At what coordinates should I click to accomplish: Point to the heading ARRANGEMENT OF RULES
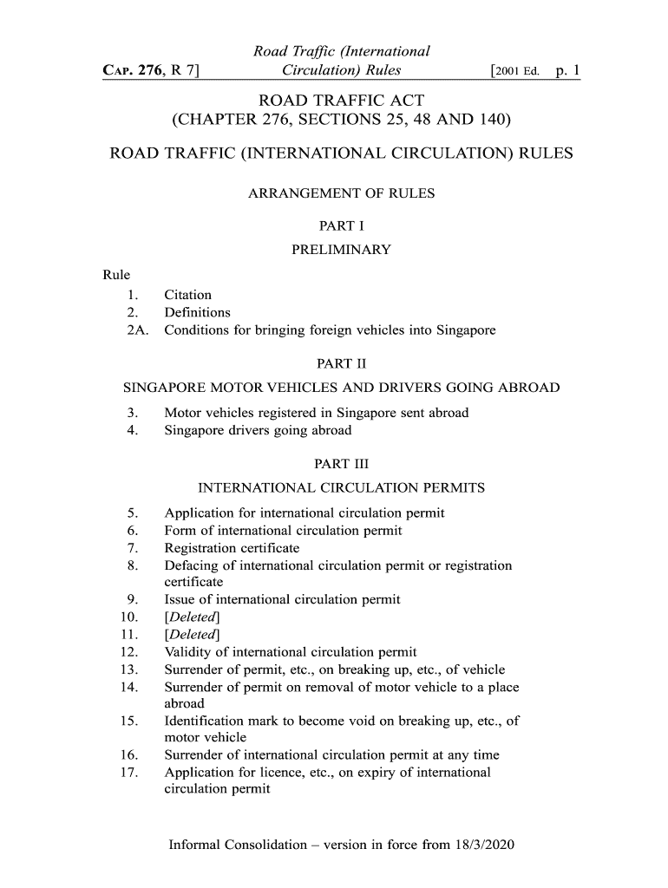341,193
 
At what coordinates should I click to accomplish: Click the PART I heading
341,226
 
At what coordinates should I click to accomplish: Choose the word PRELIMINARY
341,251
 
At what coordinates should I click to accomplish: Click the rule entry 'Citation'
187,295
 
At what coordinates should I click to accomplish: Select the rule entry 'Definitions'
197,312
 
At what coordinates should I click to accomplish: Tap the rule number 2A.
137,330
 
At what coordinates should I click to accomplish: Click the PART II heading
341,363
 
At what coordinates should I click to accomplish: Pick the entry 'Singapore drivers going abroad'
258,430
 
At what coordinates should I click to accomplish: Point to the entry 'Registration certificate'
232,548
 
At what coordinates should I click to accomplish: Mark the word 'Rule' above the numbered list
116,276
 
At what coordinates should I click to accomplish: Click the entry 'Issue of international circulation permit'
282,599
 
